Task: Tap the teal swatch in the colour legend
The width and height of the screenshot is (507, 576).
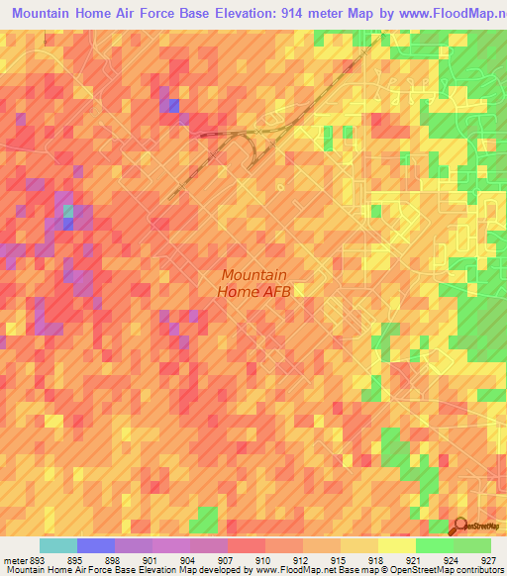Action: tap(58, 545)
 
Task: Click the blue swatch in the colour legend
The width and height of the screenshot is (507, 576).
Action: tap(96, 545)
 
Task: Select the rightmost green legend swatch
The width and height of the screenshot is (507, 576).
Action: tap(472, 545)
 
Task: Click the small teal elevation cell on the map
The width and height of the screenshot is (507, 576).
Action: tap(67, 211)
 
